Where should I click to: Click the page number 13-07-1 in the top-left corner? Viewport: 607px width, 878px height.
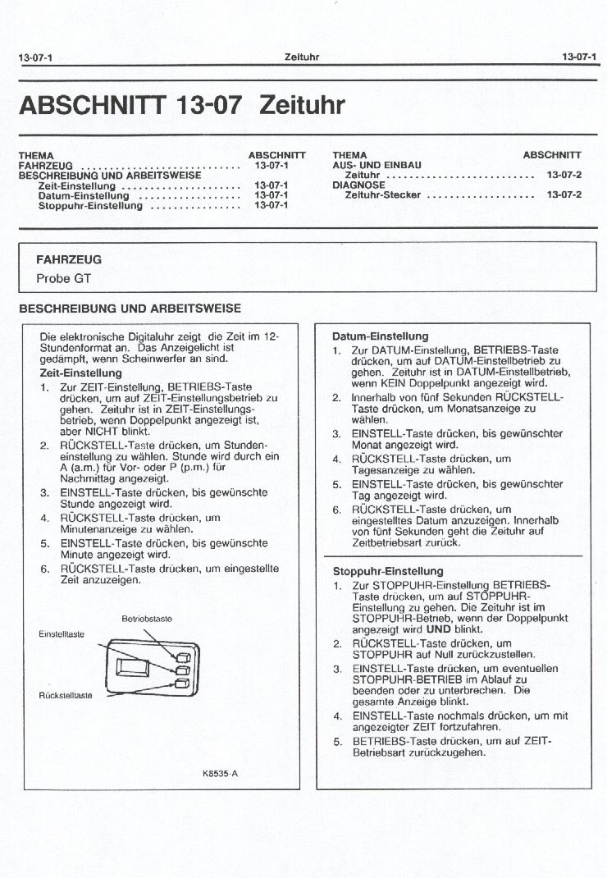pos(35,57)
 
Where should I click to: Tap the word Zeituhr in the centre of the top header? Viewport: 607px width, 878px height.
pos(301,57)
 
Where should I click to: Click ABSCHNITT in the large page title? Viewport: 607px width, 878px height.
pos(92,106)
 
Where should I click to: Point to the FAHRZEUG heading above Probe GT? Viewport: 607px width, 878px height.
pos(69,259)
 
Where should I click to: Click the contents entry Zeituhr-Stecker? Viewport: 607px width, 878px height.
pos(383,195)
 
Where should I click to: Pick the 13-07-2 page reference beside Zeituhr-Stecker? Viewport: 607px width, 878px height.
pos(564,195)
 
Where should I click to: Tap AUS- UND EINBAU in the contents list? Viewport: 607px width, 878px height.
pos(377,165)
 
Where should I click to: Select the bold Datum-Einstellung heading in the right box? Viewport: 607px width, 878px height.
pos(380,336)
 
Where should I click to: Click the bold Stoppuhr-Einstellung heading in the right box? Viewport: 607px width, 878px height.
pos(388,571)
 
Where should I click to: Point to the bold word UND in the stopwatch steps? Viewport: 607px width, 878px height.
pos(439,629)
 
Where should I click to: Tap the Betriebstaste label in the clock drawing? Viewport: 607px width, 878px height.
pos(147,619)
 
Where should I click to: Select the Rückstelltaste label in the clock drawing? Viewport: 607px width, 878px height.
pos(66,696)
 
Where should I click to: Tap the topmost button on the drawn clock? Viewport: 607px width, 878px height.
pos(182,657)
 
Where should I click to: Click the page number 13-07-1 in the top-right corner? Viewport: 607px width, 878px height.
pos(579,57)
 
